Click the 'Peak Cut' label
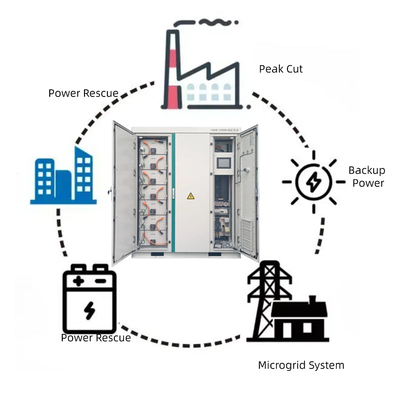click(x=281, y=69)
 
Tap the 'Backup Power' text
click(x=367, y=177)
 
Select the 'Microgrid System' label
click(x=301, y=365)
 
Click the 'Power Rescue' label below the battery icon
click(x=96, y=338)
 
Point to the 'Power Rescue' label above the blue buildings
click(x=83, y=93)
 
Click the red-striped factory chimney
click(x=172, y=71)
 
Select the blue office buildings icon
click(x=63, y=175)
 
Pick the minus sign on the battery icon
click(x=100, y=281)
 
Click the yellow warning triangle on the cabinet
click(x=191, y=196)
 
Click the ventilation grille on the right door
click(x=246, y=231)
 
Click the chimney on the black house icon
click(x=313, y=299)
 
